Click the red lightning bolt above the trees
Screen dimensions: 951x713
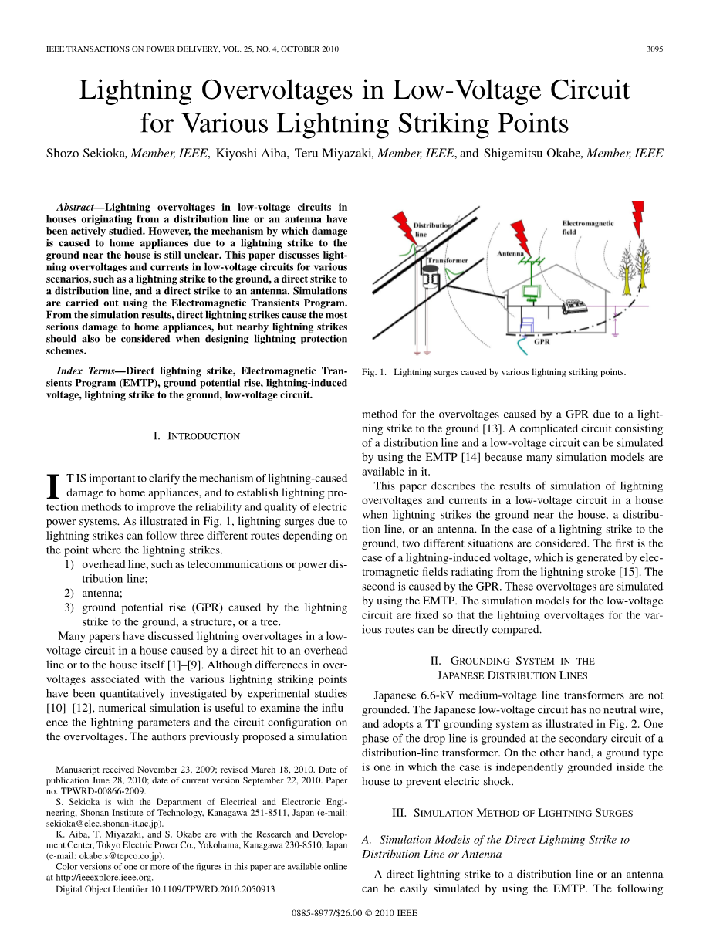[x=637, y=218]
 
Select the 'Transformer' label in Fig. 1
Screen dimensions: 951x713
[x=447, y=261]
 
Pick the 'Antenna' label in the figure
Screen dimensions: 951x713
[x=510, y=253]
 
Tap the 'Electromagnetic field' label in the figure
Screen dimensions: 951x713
[x=587, y=228]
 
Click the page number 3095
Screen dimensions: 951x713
[x=655, y=49]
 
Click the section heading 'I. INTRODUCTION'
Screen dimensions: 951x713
[x=197, y=436]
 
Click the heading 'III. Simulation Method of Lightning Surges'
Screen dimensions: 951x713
[x=512, y=813]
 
